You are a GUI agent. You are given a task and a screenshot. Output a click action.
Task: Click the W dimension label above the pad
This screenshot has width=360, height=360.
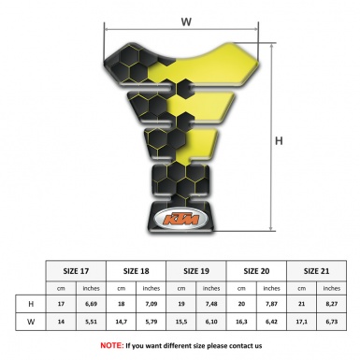coord(186,19)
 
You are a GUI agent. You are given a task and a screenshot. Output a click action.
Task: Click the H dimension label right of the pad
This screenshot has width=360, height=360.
coord(279,141)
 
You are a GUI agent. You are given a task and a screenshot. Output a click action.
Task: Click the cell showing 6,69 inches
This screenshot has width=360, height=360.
coord(92,304)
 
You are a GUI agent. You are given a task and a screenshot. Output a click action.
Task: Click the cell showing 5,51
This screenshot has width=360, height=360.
coord(92,321)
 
